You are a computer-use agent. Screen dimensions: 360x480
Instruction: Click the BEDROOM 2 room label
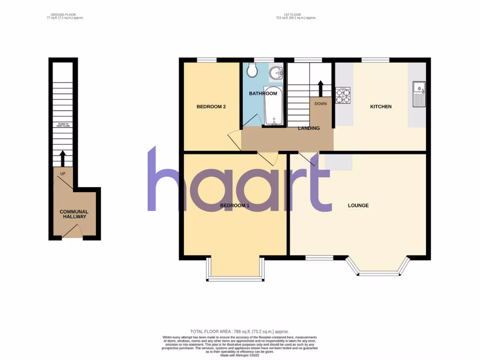click(211, 107)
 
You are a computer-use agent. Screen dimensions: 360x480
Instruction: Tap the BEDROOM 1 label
click(235, 206)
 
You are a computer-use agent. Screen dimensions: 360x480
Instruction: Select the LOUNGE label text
click(358, 206)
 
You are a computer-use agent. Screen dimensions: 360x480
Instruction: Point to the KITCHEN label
click(381, 107)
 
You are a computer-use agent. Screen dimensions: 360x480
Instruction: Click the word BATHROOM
click(263, 94)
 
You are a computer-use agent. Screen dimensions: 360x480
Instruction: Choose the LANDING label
click(309, 128)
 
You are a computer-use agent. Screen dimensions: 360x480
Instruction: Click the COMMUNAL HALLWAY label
click(74, 215)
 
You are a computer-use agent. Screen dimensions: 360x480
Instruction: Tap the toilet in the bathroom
click(252, 71)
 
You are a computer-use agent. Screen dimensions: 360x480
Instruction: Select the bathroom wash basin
click(276, 73)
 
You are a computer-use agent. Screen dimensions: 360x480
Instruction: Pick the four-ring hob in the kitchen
click(343, 96)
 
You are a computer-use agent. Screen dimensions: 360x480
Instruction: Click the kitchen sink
click(418, 93)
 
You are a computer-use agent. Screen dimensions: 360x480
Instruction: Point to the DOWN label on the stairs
click(321, 104)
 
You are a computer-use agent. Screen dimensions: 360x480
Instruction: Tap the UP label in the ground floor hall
click(62, 174)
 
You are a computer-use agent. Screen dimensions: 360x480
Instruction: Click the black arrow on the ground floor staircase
click(63, 157)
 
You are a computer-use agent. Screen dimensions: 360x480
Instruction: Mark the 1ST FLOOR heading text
click(296, 15)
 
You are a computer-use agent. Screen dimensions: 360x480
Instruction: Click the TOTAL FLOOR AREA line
click(240, 332)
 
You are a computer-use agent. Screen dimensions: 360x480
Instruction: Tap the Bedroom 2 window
click(206, 60)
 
